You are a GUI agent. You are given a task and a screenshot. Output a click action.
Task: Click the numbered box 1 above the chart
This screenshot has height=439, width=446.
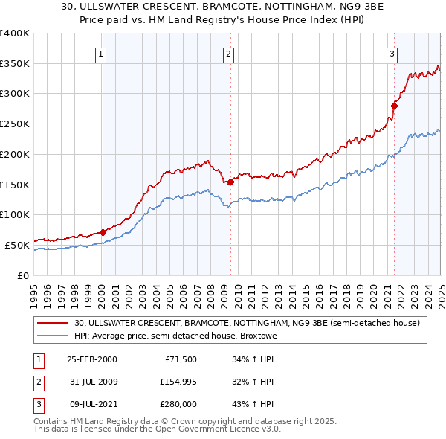coord(100,53)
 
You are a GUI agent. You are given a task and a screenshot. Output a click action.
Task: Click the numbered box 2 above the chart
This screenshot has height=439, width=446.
coord(228,53)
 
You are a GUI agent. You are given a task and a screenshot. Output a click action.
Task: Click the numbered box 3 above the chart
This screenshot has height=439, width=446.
coord(391,53)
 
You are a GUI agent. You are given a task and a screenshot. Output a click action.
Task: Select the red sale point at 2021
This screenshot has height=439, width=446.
coord(394,106)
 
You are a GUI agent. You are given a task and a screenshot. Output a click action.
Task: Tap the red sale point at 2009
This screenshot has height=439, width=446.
coord(231,181)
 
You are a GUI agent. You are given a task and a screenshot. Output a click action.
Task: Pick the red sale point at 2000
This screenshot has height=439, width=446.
coord(103,232)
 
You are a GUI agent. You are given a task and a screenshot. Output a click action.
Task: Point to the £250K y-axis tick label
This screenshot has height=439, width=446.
coord(14,124)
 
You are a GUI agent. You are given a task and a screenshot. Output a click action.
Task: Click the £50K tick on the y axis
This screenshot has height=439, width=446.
coord(17,245)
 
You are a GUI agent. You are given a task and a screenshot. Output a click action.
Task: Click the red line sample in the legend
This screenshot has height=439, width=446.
coord(53,323)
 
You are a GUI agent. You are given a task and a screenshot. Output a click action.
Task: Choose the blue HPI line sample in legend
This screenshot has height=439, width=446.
coord(53,336)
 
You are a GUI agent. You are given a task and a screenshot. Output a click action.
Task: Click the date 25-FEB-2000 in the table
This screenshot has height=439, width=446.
coord(91,360)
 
